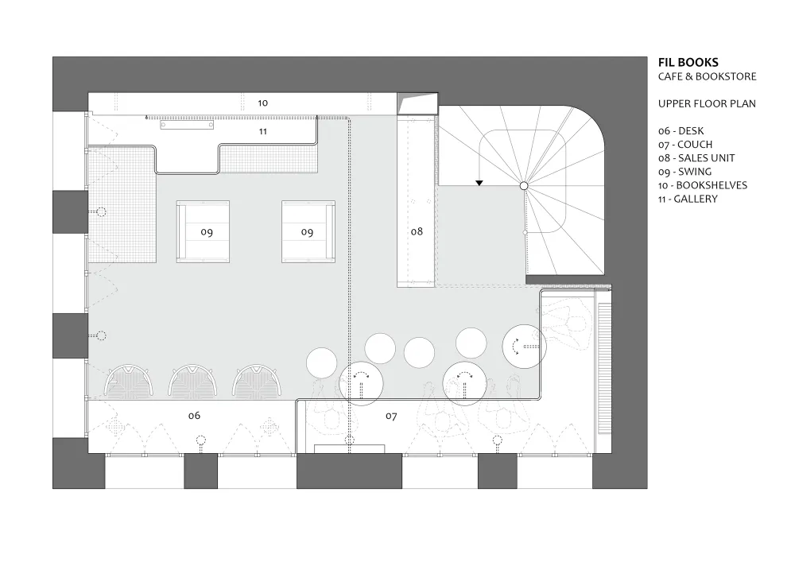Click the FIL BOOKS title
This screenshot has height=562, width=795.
pos(688,62)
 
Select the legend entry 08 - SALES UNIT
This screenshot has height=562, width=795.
pos(696,158)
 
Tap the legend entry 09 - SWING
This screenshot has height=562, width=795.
pos(684,172)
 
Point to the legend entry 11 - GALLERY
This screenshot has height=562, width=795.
pos(688,200)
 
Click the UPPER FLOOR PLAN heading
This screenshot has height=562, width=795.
pos(707,104)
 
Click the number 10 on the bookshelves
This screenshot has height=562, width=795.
pos(262,103)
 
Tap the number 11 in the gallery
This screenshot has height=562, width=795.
pos(262,131)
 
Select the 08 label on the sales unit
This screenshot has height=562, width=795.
pos(417,231)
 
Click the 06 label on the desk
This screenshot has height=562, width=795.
pos(194,416)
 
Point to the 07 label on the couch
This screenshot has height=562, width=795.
pos(391,416)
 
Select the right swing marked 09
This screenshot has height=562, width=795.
pos(308,231)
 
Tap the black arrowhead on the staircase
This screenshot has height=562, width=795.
pos(479,183)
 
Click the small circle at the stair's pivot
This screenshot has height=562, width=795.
pos(524,186)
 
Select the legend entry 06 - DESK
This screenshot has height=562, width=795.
pos(681,130)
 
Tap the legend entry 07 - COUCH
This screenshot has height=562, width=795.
pos(685,145)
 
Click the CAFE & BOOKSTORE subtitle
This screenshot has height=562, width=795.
pos(707,76)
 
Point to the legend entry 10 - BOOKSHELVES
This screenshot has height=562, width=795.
pos(702,185)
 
